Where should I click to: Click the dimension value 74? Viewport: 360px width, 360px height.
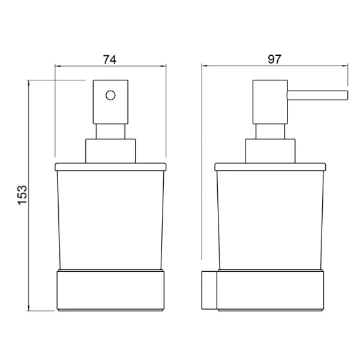(110, 59)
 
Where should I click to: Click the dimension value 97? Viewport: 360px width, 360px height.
(274, 59)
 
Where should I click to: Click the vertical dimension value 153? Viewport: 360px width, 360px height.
(23, 194)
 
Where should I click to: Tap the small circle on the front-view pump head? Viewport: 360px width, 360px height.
(110, 95)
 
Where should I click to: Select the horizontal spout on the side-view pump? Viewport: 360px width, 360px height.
(317, 95)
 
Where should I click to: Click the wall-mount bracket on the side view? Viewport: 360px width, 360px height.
(209, 290)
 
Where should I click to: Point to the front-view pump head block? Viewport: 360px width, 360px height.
(110, 102)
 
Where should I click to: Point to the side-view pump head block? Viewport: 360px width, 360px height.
(270, 102)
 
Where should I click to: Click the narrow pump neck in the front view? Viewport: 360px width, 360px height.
(110, 131)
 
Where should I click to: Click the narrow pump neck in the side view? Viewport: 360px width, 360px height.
(270, 131)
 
